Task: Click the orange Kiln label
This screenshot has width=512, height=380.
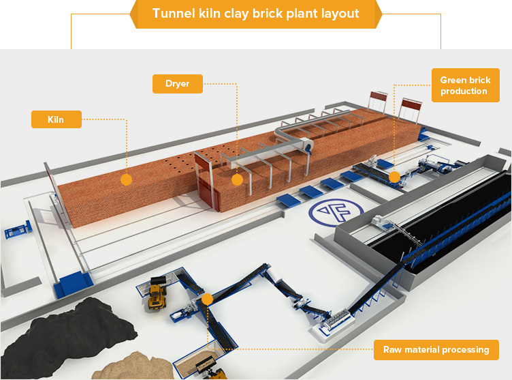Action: click(56, 119)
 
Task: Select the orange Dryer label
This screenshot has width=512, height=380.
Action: click(177, 84)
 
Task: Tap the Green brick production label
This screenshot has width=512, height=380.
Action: click(464, 85)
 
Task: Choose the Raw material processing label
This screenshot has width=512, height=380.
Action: click(436, 350)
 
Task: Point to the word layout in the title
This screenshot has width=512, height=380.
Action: click(338, 14)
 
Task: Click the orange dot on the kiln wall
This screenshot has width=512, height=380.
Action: click(126, 179)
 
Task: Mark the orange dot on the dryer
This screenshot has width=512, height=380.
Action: click(237, 179)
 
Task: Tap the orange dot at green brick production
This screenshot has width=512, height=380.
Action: click(394, 177)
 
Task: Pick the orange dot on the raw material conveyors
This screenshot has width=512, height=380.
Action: click(207, 299)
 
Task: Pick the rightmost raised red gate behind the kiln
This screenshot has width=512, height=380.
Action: click(411, 109)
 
